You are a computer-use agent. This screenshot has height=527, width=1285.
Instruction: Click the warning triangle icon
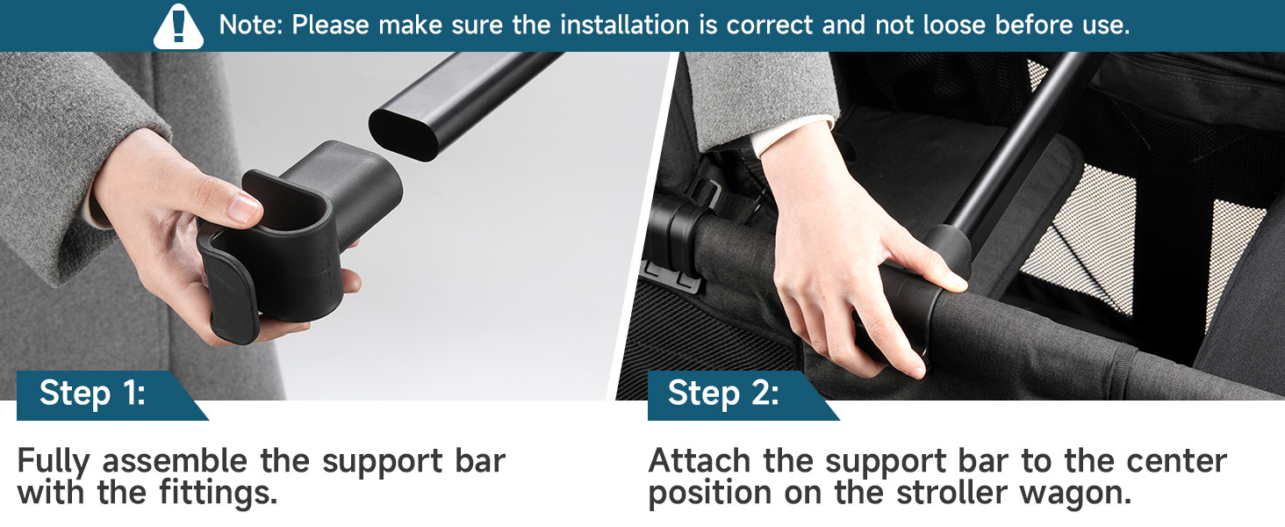[178, 27]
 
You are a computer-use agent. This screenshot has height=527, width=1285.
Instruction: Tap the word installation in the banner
[624, 25]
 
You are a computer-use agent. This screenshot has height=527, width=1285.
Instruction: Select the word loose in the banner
[954, 25]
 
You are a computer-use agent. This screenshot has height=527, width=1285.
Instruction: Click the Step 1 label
[92, 393]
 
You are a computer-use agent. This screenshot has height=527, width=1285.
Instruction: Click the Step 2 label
[723, 393]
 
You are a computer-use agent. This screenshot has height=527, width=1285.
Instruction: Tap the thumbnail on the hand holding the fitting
[246, 208]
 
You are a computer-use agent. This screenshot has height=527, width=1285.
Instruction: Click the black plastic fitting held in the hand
[298, 242]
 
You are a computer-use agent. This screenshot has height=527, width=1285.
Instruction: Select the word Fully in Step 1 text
[54, 462]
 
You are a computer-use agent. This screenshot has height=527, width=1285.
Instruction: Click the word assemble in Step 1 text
[175, 460]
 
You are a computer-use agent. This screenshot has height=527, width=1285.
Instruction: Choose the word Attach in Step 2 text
[700, 460]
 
